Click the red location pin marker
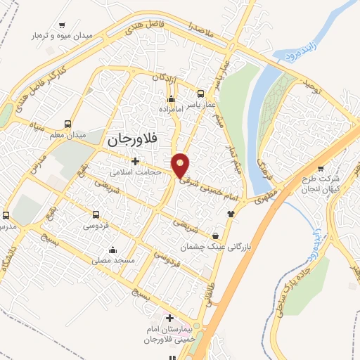[x=181, y=165]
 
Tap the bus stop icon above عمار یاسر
[x=201, y=94]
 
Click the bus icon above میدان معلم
[x=68, y=122]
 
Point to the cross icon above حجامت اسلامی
[x=135, y=162]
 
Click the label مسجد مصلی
[x=114, y=260]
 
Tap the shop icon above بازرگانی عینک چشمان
[x=224, y=236]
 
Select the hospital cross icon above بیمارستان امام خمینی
[x=169, y=318]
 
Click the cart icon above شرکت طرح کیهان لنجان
[x=321, y=168]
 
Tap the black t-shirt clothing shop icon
[x=229, y=213]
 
